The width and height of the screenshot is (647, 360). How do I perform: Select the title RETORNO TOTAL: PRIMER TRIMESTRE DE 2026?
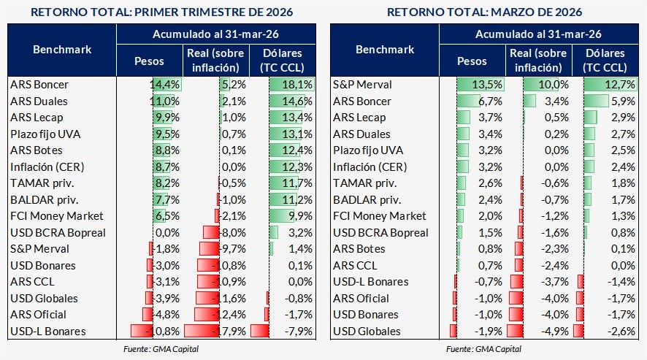click(161, 12)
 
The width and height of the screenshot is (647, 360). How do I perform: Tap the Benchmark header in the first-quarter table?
click(62, 50)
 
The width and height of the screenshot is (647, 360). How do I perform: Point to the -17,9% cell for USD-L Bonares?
click(229, 332)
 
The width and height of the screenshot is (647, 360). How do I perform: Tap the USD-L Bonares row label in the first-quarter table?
click(48, 332)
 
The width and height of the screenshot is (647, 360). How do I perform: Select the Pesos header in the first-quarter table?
click(150, 61)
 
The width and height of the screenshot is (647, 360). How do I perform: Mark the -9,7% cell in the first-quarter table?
click(229, 249)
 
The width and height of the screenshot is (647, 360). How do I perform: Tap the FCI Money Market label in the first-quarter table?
click(57, 216)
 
